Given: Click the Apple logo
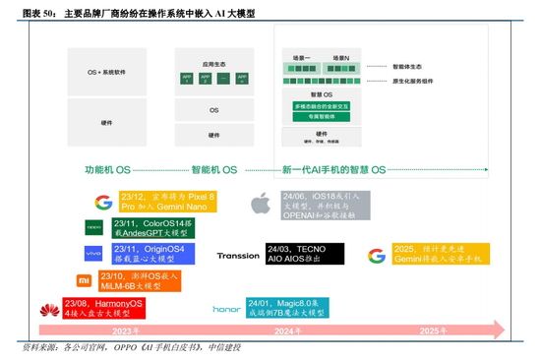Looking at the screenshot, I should (261, 204).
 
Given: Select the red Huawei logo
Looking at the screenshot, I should (47, 310).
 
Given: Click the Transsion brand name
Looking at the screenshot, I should (238, 255).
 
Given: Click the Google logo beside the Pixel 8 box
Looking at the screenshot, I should (103, 204).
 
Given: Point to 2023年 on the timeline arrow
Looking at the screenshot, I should (126, 330).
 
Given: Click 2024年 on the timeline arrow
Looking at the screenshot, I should (285, 330).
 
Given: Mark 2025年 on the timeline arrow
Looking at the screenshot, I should (435, 330).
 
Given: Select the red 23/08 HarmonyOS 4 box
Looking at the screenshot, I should (103, 309).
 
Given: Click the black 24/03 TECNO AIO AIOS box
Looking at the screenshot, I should (305, 255).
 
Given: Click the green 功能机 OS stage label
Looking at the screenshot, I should (108, 169).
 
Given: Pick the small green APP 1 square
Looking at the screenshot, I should (186, 79).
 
